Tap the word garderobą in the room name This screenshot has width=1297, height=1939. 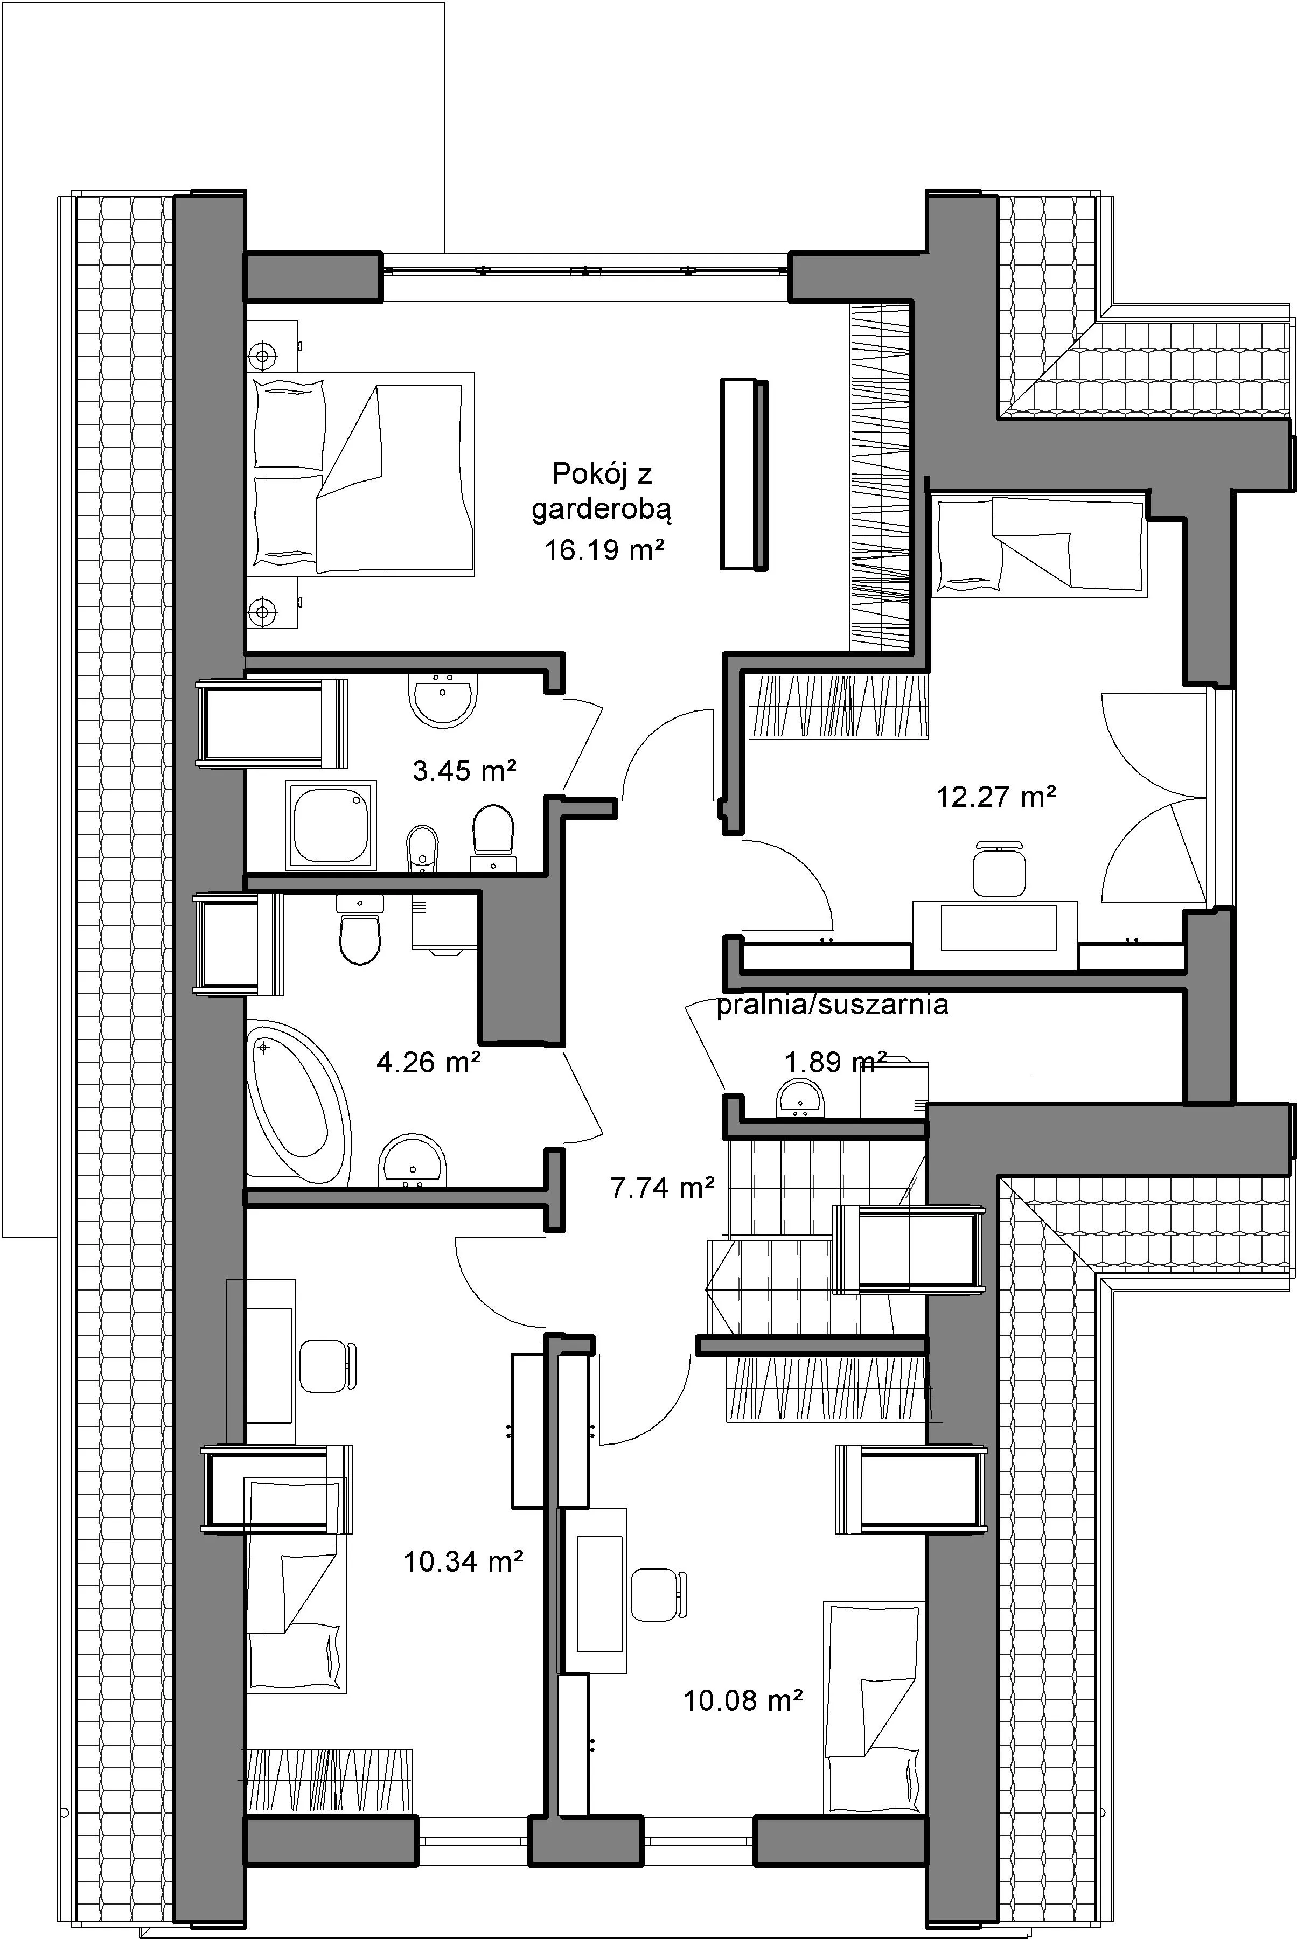pos(601,511)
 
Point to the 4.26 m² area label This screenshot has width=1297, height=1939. pos(429,1061)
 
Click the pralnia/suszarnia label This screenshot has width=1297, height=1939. pos(832,1005)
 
